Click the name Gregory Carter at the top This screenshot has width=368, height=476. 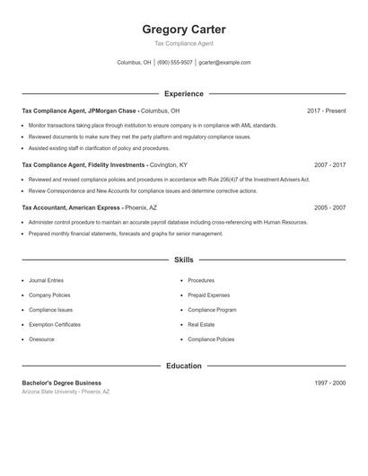pyautogui.click(x=184, y=30)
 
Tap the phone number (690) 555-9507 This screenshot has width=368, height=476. pyautogui.click(x=175, y=63)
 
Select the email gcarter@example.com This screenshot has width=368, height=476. pyautogui.click(x=224, y=63)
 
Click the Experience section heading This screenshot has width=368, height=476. pyautogui.click(x=184, y=93)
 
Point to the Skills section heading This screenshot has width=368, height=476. pyautogui.click(x=184, y=260)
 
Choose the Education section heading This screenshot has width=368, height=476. pyautogui.click(x=184, y=366)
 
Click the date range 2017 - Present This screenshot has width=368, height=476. pyautogui.click(x=326, y=111)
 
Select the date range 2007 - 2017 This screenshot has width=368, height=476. pyautogui.click(x=329, y=165)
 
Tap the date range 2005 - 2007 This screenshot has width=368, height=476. pyautogui.click(x=329, y=207)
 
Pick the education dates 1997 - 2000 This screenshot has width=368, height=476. pyautogui.click(x=329, y=383)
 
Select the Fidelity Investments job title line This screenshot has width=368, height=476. pyautogui.click(x=104, y=165)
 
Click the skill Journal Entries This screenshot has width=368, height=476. pyautogui.click(x=46, y=280)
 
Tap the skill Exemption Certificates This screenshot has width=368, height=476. pyautogui.click(x=54, y=324)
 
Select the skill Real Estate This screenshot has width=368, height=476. pyautogui.click(x=201, y=324)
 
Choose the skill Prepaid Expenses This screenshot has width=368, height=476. pyautogui.click(x=208, y=295)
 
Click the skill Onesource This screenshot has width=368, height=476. pyautogui.click(x=41, y=339)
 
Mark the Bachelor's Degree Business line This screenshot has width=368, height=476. pyautogui.click(x=61, y=383)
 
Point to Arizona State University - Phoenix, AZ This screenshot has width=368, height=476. pyautogui.click(x=66, y=392)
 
